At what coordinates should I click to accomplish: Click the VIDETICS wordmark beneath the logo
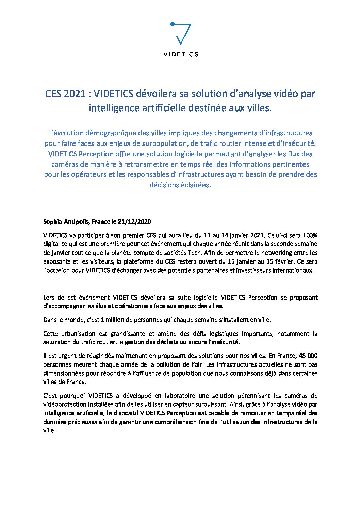pyautogui.click(x=180, y=54)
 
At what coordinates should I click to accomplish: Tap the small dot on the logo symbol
pyautogui.click(x=172, y=24)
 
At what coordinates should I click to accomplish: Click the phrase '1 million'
pyautogui.click(x=112, y=320)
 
